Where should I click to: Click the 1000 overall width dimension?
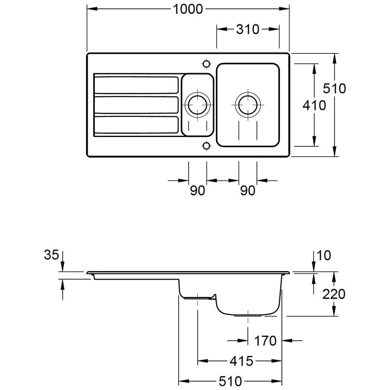click(188, 9)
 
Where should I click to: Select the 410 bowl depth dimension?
click(314, 105)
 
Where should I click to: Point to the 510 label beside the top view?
click(334, 89)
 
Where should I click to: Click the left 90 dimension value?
click(197, 191)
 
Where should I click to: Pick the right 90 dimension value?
click(247, 191)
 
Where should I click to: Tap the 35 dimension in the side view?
click(51, 255)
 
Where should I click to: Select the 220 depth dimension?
click(334, 294)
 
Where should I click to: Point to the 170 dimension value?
click(265, 341)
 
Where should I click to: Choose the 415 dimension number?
click(241, 361)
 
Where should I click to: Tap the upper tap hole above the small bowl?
click(206, 64)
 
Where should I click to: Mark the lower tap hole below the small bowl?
click(206, 146)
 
